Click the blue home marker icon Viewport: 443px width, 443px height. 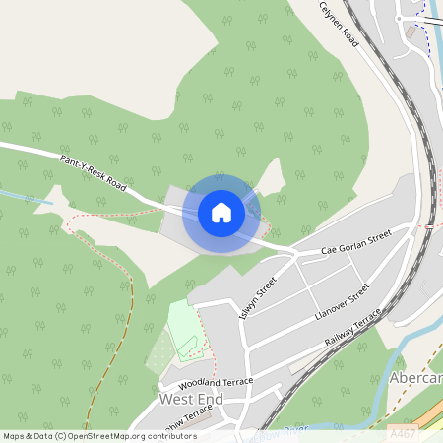tap(221, 213)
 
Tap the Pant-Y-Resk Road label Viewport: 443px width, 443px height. tap(95, 171)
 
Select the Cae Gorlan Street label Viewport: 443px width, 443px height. tap(356, 242)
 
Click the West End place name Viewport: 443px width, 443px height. tap(191, 400)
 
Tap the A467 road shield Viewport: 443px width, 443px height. tap(402, 433)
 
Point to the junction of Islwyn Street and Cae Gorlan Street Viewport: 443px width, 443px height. tap(294, 255)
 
